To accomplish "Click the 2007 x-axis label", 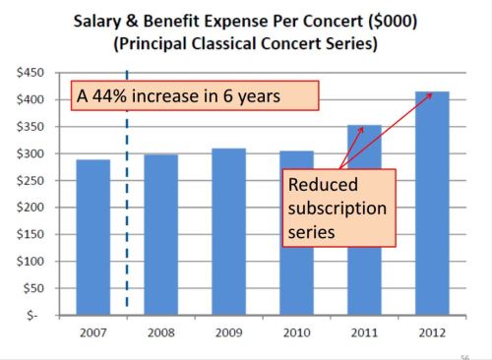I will pyautogui.click(x=92, y=332).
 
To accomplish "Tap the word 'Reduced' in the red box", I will pyautogui.click(x=321, y=185).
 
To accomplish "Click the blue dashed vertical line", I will pyautogui.click(x=127, y=197).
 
